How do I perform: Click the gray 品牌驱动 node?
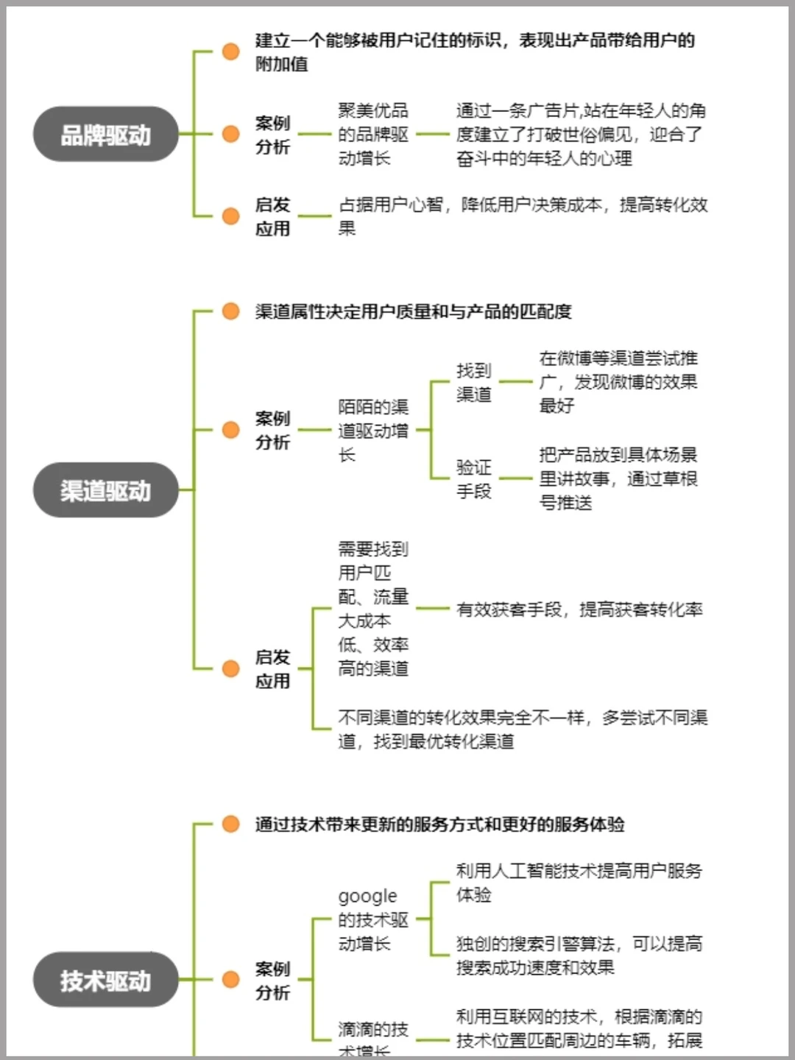pyautogui.click(x=106, y=135)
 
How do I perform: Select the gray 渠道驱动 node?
pyautogui.click(x=106, y=490)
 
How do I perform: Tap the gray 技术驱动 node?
pyautogui.click(x=106, y=980)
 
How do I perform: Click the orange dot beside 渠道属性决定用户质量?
pyautogui.click(x=230, y=311)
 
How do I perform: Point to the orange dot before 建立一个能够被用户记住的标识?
pyautogui.click(x=230, y=52)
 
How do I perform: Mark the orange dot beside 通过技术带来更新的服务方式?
pyautogui.click(x=230, y=824)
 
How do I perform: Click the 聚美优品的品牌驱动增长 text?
pyautogui.click(x=372, y=134)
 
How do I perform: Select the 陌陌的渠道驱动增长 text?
pyautogui.click(x=372, y=431)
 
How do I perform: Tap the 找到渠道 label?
pyautogui.click(x=473, y=382)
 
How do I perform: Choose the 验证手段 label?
pyautogui.click(x=473, y=479)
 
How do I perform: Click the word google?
pyautogui.click(x=367, y=896)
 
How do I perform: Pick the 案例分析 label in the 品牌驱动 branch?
pyautogui.click(x=272, y=135)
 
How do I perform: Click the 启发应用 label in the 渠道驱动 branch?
pyautogui.click(x=272, y=668)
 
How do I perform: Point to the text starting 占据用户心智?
pyautogui.click(x=523, y=216)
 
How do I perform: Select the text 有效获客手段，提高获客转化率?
pyautogui.click(x=579, y=609)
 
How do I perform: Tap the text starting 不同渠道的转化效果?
pyautogui.click(x=523, y=729)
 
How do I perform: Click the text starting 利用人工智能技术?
pyautogui.click(x=579, y=882)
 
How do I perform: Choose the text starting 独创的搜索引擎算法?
pyautogui.click(x=579, y=955)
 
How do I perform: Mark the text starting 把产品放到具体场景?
pyautogui.click(x=618, y=478)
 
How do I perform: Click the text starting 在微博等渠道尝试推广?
pyautogui.click(x=618, y=381)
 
